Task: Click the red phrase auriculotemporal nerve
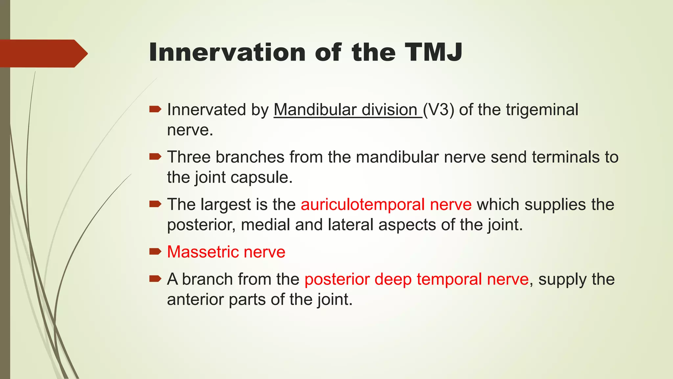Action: click(x=386, y=205)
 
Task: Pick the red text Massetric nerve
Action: click(x=226, y=252)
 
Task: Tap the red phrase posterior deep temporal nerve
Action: click(x=416, y=280)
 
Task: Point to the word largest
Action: click(x=226, y=205)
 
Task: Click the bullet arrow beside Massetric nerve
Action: click(x=155, y=252)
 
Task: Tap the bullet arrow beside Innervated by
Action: click(x=155, y=109)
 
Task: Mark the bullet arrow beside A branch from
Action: click(x=155, y=279)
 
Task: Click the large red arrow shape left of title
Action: click(x=43, y=53)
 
